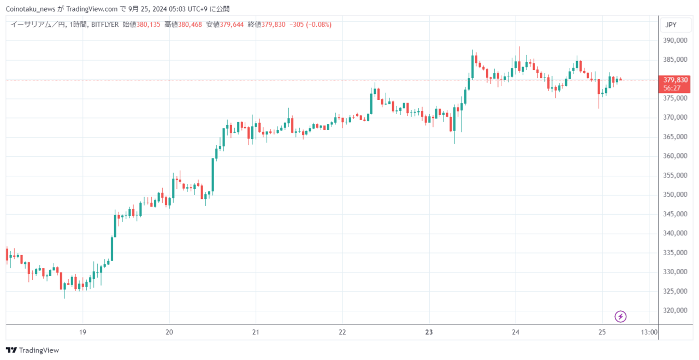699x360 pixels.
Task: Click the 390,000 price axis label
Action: (675, 40)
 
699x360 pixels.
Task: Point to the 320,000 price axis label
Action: (675, 310)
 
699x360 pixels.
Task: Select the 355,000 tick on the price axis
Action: (675, 175)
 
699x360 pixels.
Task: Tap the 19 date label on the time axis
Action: (82, 332)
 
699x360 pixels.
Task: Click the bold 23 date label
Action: (429, 332)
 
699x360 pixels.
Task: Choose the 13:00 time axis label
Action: (649, 332)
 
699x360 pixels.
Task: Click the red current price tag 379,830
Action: (676, 80)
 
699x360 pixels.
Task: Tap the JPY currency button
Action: (671, 25)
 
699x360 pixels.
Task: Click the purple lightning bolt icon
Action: (620, 317)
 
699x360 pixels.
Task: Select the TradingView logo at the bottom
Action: (32, 350)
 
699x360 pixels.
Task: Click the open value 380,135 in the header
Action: (148, 25)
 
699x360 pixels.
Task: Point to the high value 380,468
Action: (190, 25)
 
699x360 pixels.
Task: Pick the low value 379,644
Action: (232, 25)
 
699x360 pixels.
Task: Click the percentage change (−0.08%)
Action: (318, 25)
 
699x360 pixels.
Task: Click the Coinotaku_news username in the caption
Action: (31, 9)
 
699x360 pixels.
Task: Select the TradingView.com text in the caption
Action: (92, 9)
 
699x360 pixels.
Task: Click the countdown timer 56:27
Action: (672, 88)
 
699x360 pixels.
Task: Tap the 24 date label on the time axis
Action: (516, 332)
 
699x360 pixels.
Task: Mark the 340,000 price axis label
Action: (675, 233)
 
